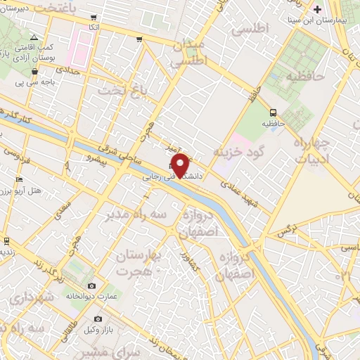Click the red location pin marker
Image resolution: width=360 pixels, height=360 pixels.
181,165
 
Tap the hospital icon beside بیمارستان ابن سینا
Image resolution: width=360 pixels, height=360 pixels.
318,9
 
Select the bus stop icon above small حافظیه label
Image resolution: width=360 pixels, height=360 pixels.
273,112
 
